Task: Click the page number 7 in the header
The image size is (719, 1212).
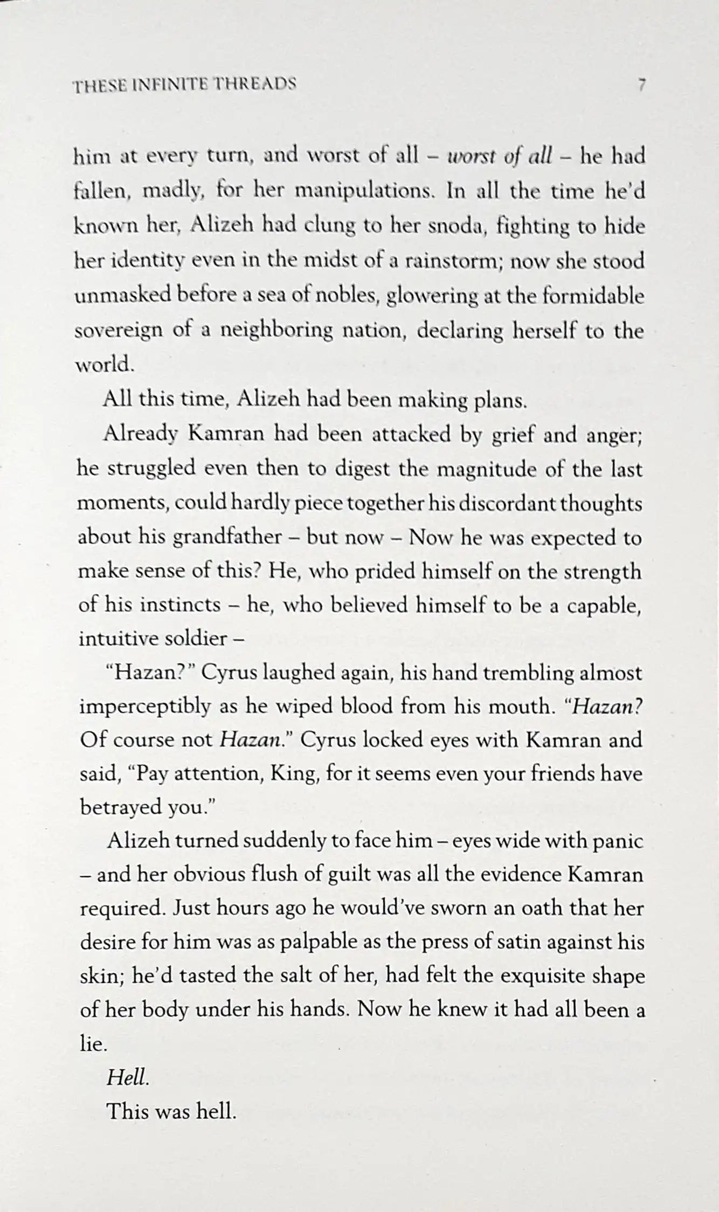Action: [641, 86]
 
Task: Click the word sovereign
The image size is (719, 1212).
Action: [118, 330]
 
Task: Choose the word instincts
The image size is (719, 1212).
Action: [179, 605]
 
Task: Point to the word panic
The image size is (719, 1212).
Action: [618, 841]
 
